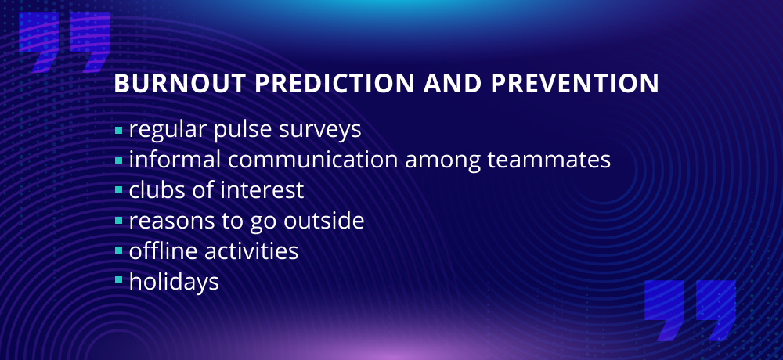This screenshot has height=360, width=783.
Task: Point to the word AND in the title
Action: coord(453,84)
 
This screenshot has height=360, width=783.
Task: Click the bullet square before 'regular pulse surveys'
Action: coord(118,131)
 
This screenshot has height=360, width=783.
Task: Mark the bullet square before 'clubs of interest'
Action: coord(118,191)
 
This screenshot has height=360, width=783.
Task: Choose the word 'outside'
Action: coord(323,220)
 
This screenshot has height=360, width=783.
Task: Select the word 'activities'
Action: coord(251,250)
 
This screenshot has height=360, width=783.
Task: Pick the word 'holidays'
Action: coord(174,282)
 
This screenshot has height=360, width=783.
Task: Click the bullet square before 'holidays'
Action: coord(118,281)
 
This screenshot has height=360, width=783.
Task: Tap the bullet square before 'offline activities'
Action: coord(118,250)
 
